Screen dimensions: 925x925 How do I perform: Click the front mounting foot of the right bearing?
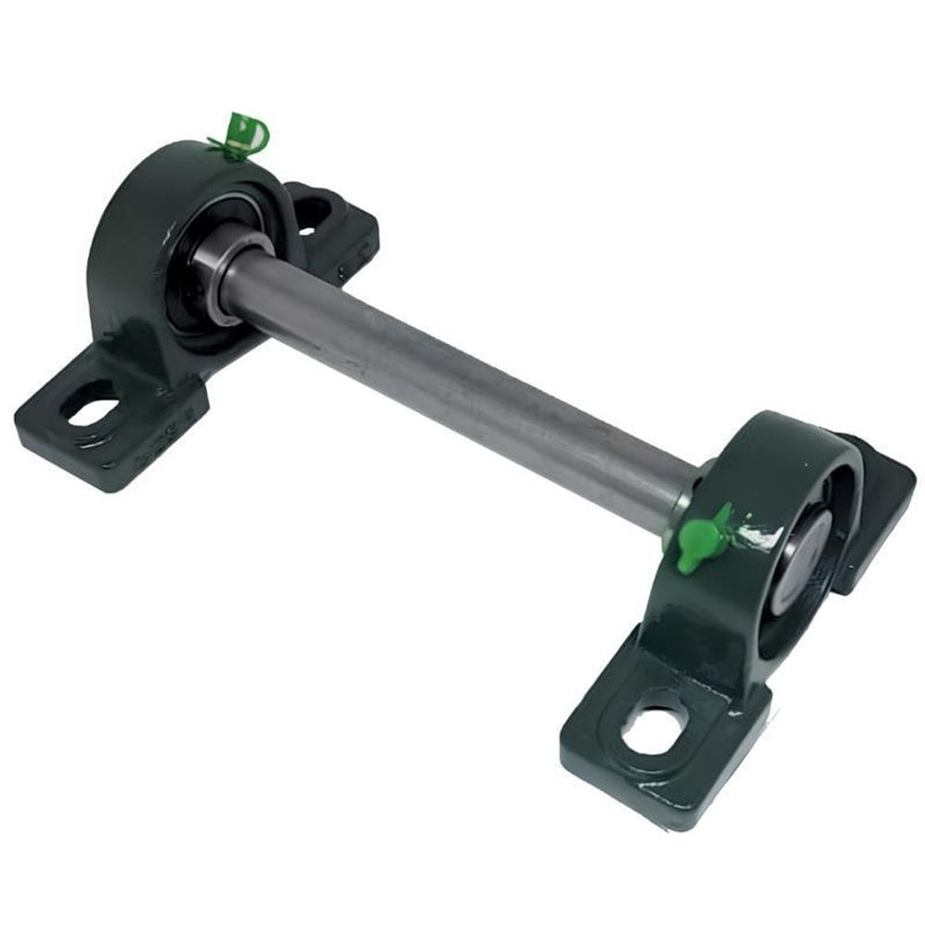(661, 740)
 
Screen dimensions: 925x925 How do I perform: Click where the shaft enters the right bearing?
(689, 495)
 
